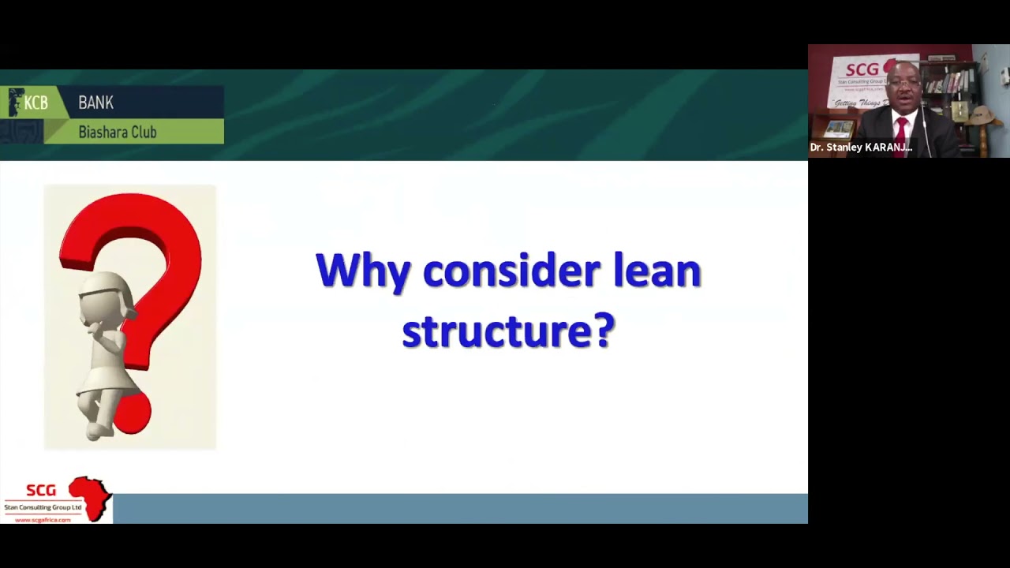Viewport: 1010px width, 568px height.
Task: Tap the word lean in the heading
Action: [x=657, y=271]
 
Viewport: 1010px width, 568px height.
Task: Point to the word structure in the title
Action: [x=494, y=331]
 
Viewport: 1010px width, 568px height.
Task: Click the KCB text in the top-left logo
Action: [x=36, y=103]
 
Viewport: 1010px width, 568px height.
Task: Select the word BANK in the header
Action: [x=95, y=103]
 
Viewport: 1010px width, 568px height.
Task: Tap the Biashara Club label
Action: [x=117, y=132]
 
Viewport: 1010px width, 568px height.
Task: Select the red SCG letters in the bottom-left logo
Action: [x=41, y=491]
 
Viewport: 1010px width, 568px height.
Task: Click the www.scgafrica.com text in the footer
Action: [x=43, y=520]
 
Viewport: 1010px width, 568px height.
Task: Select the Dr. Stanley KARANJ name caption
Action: [x=861, y=148]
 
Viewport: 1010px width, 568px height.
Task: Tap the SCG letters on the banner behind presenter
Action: [x=863, y=69]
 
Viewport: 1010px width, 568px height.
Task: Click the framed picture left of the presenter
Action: [x=837, y=128]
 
